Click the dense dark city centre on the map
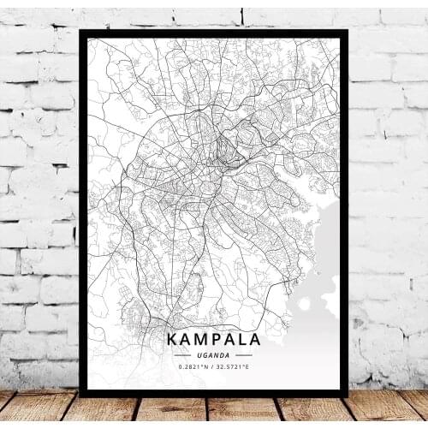pos(224,146)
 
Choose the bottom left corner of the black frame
pos(81,395)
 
